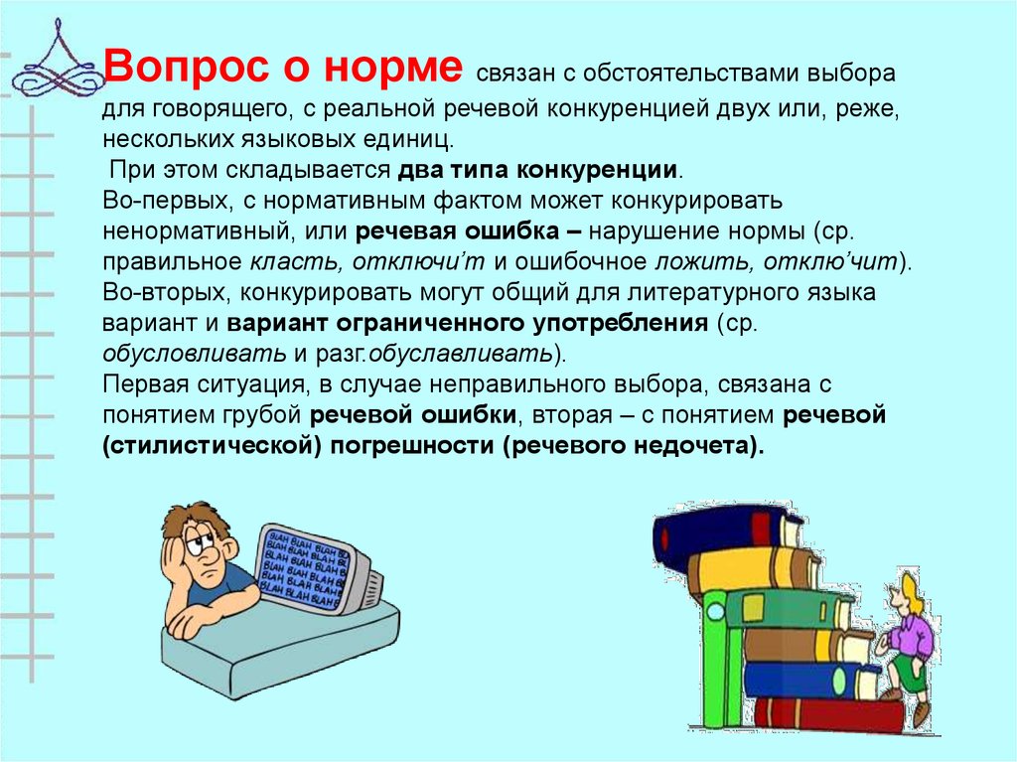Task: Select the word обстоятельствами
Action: click(x=689, y=74)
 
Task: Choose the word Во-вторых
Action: click(x=167, y=292)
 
